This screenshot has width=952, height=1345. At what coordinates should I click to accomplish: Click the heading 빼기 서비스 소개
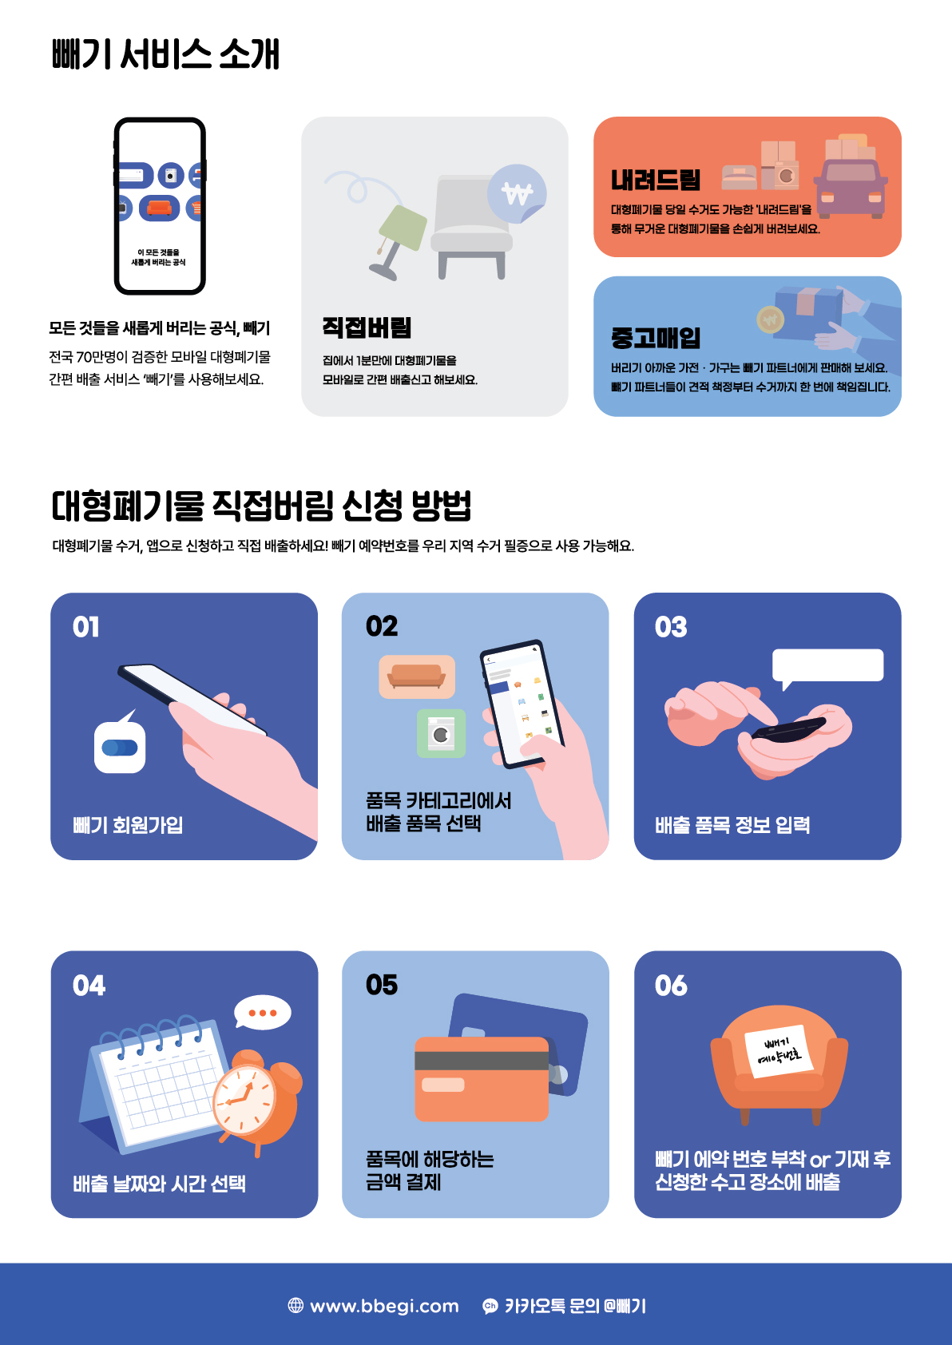pos(165,54)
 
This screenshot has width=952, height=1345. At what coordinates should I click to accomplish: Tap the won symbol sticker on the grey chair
pos(517,193)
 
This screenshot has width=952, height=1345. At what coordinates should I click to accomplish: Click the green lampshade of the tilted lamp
pos(403,227)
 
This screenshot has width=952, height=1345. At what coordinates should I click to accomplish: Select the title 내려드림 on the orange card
pos(656,180)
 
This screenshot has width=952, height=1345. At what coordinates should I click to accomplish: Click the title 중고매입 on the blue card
pos(656,338)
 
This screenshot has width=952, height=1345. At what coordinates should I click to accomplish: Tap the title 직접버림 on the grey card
pos(367,327)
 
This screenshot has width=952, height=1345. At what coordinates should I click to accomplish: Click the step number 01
pos(85,627)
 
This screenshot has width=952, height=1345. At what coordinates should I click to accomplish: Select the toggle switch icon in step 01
pos(120,747)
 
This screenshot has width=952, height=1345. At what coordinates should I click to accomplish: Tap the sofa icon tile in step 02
pos(417,676)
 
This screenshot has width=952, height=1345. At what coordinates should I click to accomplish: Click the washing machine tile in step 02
pos(441,733)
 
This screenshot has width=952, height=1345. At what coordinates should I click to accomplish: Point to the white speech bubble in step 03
pos(827,666)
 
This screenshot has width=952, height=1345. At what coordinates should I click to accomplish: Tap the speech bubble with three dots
pos(262,1013)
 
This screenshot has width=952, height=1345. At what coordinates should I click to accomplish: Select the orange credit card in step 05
pos(482,1079)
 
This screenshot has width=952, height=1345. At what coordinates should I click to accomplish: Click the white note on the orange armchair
pos(779,1051)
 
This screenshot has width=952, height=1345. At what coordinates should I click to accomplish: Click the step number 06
pos(671,986)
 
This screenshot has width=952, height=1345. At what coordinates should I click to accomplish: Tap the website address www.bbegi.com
pos(384,1306)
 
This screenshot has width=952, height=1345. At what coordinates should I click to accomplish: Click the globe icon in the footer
pos(296,1305)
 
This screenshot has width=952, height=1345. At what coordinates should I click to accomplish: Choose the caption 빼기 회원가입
pos(128,825)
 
